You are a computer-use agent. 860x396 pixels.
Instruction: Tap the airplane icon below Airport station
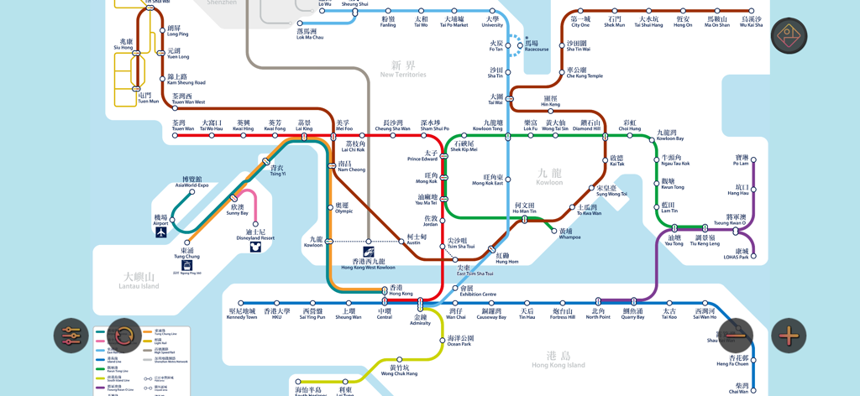coord(161,233)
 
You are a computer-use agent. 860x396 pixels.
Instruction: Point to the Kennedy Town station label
coord(242,314)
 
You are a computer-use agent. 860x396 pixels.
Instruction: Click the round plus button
coord(789,336)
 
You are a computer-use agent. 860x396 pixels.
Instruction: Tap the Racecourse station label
coord(536,46)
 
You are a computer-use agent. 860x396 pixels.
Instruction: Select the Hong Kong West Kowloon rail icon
coord(368,252)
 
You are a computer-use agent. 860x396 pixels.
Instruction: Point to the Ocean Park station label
coord(459,341)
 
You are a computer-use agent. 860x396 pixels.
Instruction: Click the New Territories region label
coord(403,70)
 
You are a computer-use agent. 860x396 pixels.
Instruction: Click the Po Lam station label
coord(741,160)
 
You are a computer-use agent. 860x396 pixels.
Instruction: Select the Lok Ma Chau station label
coord(310,34)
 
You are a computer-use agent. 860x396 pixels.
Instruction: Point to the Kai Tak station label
coord(616,160)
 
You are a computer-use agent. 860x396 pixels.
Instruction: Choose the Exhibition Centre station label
coord(478,291)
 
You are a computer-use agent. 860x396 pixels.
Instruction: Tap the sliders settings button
coord(71,336)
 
